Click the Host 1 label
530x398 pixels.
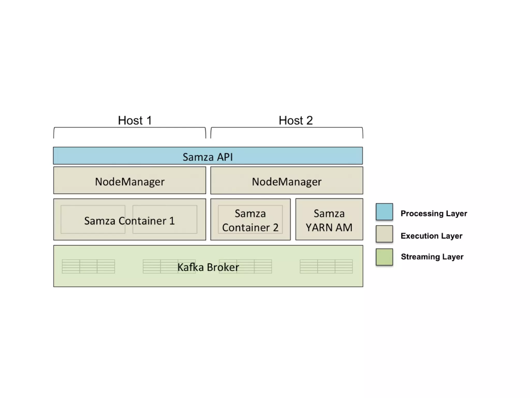click(x=135, y=120)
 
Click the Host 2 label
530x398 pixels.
click(x=296, y=120)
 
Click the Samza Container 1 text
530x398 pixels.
click(x=129, y=221)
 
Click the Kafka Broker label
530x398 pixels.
click(x=208, y=267)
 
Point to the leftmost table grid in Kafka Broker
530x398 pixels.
click(x=88, y=266)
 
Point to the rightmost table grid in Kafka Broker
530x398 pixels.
click(x=326, y=266)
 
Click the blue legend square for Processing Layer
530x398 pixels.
click(x=384, y=212)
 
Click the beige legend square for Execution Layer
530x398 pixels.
click(x=384, y=234)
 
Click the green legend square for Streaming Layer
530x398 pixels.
click(x=384, y=257)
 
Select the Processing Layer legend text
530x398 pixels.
click(x=434, y=213)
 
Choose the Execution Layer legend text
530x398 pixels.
click(x=431, y=236)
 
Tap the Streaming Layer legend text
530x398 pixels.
click(x=432, y=257)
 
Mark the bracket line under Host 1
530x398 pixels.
click(x=129, y=128)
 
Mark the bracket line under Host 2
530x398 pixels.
click(x=287, y=128)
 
